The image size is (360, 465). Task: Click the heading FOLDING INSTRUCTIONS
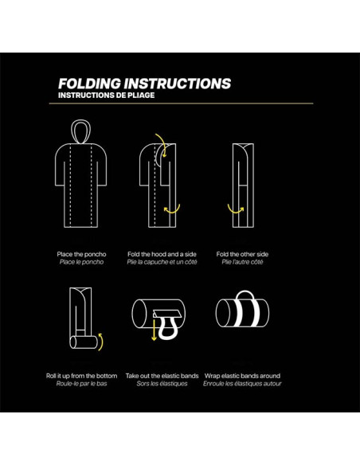(x=144, y=84)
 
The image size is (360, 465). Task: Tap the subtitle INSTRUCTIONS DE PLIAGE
(x=107, y=96)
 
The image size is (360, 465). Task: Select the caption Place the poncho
(x=81, y=254)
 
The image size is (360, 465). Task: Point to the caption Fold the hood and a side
(x=162, y=254)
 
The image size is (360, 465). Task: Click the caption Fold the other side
(x=242, y=254)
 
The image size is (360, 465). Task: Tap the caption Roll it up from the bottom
(x=81, y=376)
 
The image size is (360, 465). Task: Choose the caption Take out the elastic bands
(x=162, y=376)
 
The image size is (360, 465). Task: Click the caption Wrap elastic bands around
(x=242, y=376)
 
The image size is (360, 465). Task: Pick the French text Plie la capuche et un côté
(x=162, y=262)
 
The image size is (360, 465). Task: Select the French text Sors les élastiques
(x=162, y=384)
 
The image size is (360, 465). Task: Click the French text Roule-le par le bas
(x=81, y=384)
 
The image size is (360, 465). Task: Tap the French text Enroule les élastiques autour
(x=242, y=384)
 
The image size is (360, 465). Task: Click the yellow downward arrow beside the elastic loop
(x=154, y=330)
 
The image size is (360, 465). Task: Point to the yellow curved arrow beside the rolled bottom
(x=102, y=341)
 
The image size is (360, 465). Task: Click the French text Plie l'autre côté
(x=242, y=262)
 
